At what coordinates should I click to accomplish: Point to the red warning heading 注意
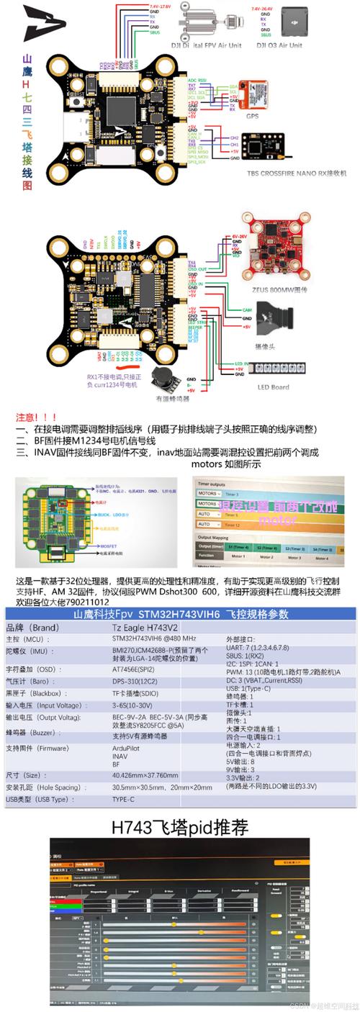[36, 417]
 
